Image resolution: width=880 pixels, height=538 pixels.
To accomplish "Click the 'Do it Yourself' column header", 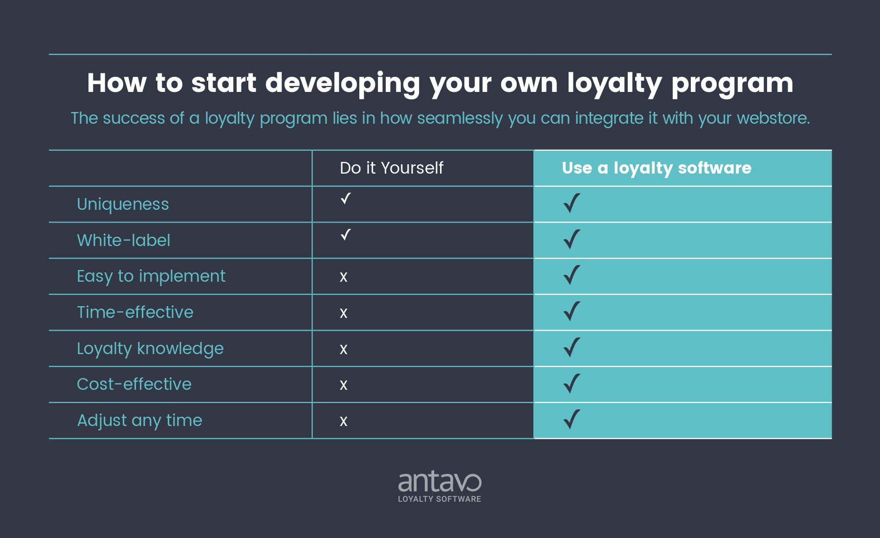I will [391, 168].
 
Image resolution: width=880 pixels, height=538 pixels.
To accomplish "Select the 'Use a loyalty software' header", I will [656, 168].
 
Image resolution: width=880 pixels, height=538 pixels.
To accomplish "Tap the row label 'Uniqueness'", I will [123, 204].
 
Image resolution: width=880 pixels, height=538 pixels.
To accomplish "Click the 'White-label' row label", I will [124, 240].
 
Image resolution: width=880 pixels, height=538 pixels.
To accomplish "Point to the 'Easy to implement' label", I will [151, 276].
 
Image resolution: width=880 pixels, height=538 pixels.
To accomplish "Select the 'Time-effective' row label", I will [135, 312].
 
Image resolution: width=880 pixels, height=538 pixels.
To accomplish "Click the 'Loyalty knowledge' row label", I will [150, 349].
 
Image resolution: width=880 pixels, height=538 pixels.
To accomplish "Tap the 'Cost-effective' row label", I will [134, 384].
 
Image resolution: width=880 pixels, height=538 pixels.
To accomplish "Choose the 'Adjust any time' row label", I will [139, 421].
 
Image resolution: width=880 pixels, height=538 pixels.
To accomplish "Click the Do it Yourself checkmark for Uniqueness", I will [346, 199].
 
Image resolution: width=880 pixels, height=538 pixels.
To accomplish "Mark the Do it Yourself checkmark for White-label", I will [346, 235].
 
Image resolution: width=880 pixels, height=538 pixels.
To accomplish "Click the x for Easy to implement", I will [344, 277].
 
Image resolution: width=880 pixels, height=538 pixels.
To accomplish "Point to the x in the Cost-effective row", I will [344, 385].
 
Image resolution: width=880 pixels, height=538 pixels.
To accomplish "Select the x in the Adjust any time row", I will [344, 422].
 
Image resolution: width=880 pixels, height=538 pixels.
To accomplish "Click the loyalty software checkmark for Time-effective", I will [572, 311].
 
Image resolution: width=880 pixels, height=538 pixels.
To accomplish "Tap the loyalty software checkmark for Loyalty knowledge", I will [572, 347].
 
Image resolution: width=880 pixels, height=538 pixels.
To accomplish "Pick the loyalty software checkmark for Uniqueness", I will [572, 203].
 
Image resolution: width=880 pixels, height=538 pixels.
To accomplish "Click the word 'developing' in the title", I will [342, 83].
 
